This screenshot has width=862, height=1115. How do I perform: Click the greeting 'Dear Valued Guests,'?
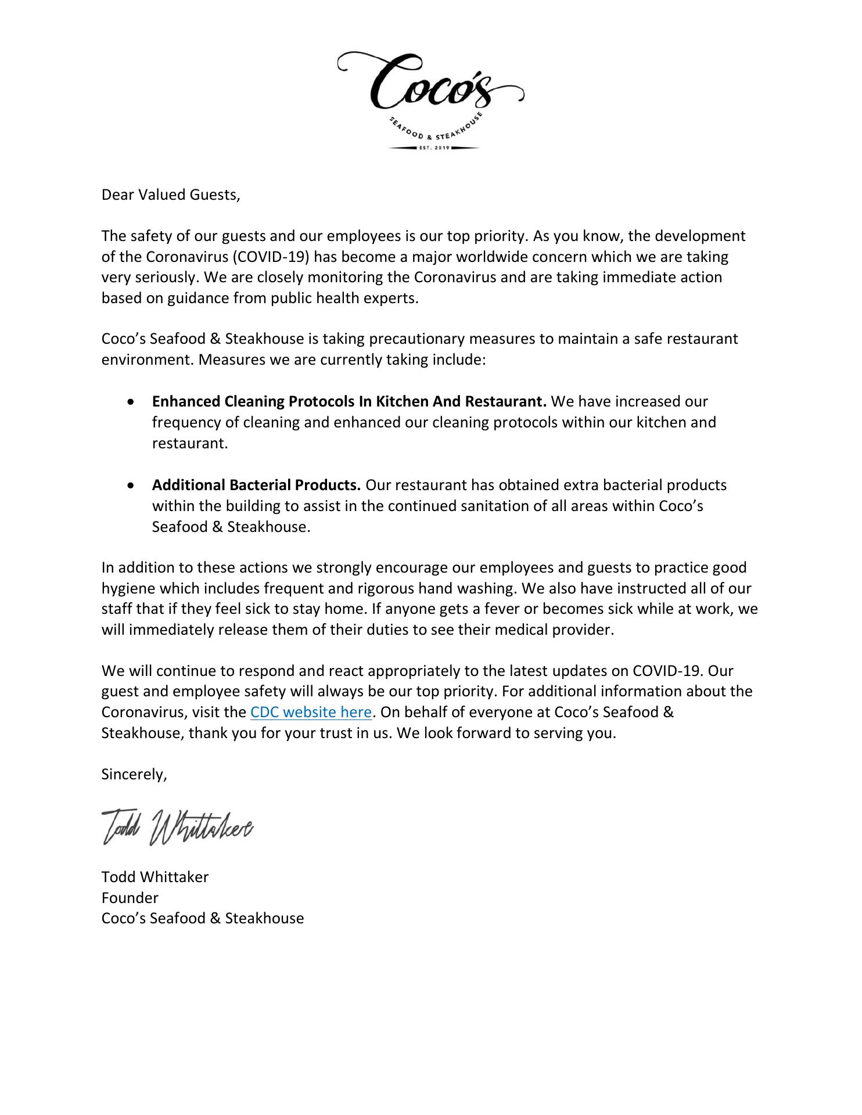[171, 195]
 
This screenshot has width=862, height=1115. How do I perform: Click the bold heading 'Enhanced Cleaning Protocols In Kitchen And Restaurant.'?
[349, 402]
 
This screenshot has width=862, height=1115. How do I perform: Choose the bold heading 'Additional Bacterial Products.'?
[256, 485]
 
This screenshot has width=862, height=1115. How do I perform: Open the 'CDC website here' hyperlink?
[311, 713]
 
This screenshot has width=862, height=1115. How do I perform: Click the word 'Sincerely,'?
[134, 775]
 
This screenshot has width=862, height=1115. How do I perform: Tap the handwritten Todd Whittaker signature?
[177, 826]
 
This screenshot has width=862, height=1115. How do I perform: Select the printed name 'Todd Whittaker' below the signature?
[155, 877]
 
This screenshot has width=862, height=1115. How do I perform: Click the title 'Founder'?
[130, 898]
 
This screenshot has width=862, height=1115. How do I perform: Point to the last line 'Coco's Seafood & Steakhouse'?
[203, 918]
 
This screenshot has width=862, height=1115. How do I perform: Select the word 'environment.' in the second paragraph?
[148, 360]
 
